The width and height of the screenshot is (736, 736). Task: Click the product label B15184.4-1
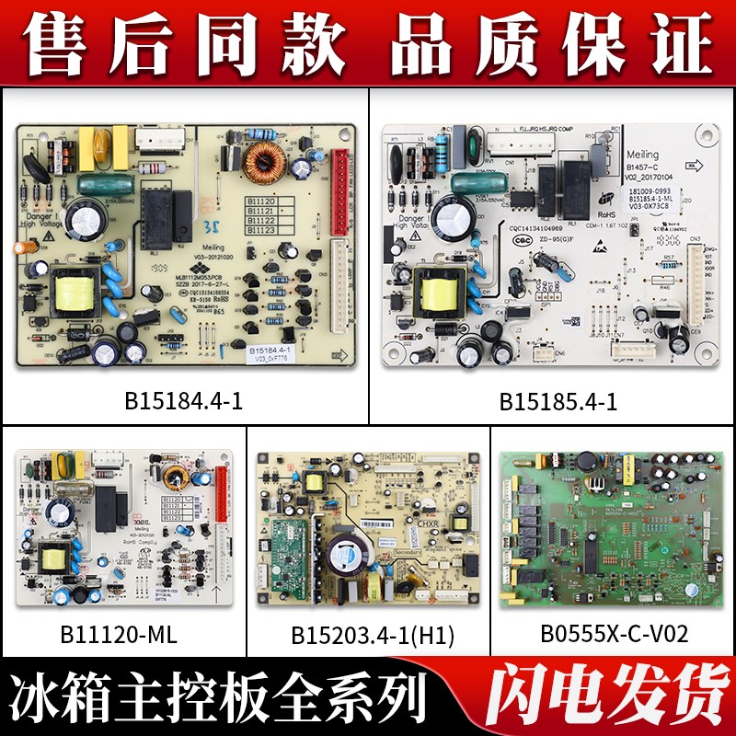click(x=183, y=402)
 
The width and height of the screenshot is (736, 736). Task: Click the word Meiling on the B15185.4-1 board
click(x=643, y=157)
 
